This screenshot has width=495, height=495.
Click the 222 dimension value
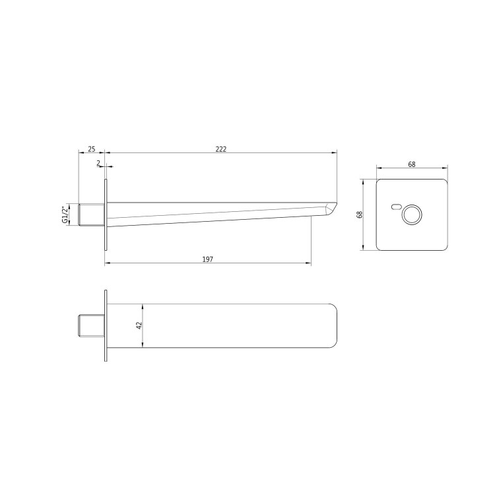[x=221, y=149]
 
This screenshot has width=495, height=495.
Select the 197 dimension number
[x=208, y=259]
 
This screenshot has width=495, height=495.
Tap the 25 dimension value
[x=92, y=149]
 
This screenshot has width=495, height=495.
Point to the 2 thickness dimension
[x=98, y=163]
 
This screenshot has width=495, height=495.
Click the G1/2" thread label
[x=65, y=215]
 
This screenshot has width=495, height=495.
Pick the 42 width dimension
[x=139, y=326]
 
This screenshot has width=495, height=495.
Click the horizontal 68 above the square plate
[x=412, y=164]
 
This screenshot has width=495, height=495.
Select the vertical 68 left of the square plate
[x=360, y=214]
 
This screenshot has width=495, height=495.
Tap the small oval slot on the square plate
[x=395, y=207]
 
